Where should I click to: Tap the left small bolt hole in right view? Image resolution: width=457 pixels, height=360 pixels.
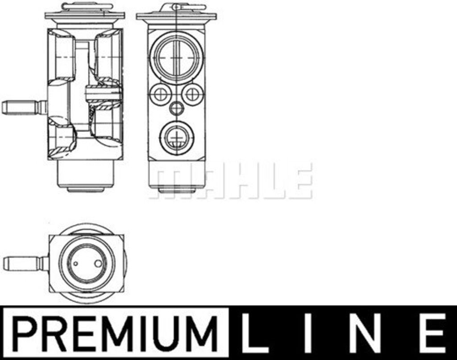pyautogui.click(x=160, y=94)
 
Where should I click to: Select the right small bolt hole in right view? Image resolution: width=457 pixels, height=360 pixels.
pyautogui.click(x=192, y=94)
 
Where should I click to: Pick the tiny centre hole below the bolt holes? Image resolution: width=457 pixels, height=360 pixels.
pyautogui.click(x=176, y=109)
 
